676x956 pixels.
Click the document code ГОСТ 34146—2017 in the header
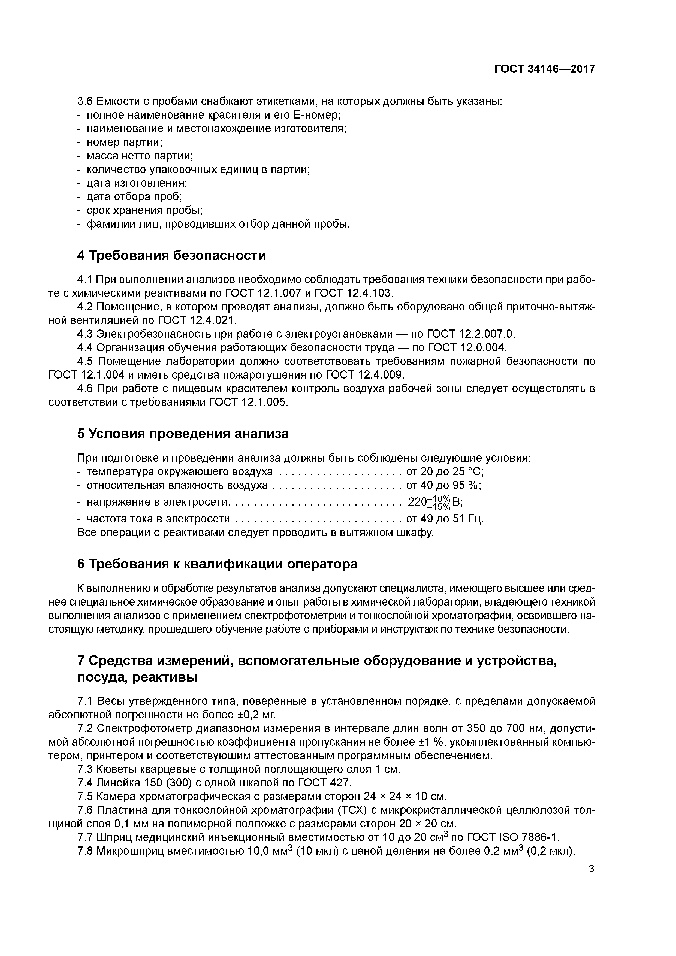point(544,69)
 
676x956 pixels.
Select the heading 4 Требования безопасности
point(172,255)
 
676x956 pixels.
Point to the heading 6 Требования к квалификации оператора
point(217,564)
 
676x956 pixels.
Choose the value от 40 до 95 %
point(443,486)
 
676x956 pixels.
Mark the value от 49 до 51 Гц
point(444,519)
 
